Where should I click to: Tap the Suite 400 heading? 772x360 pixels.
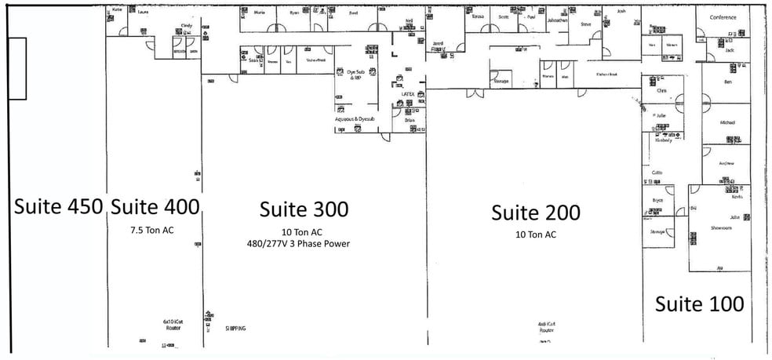point(155,206)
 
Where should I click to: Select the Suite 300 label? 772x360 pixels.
point(304,209)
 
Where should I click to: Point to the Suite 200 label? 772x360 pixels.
point(536,213)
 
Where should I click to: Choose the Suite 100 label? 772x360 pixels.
point(699,304)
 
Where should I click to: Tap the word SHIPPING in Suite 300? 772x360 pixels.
point(235,328)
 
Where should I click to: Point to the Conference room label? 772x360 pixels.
point(723,17)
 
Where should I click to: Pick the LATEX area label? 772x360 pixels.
point(407,93)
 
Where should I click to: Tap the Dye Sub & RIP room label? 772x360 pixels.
point(355,74)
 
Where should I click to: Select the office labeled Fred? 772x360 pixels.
point(353,13)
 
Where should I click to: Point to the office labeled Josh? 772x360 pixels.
point(621,12)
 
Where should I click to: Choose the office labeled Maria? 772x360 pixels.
point(260,13)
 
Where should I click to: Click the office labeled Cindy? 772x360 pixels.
point(187,26)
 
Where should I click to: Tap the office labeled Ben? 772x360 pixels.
point(727,82)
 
